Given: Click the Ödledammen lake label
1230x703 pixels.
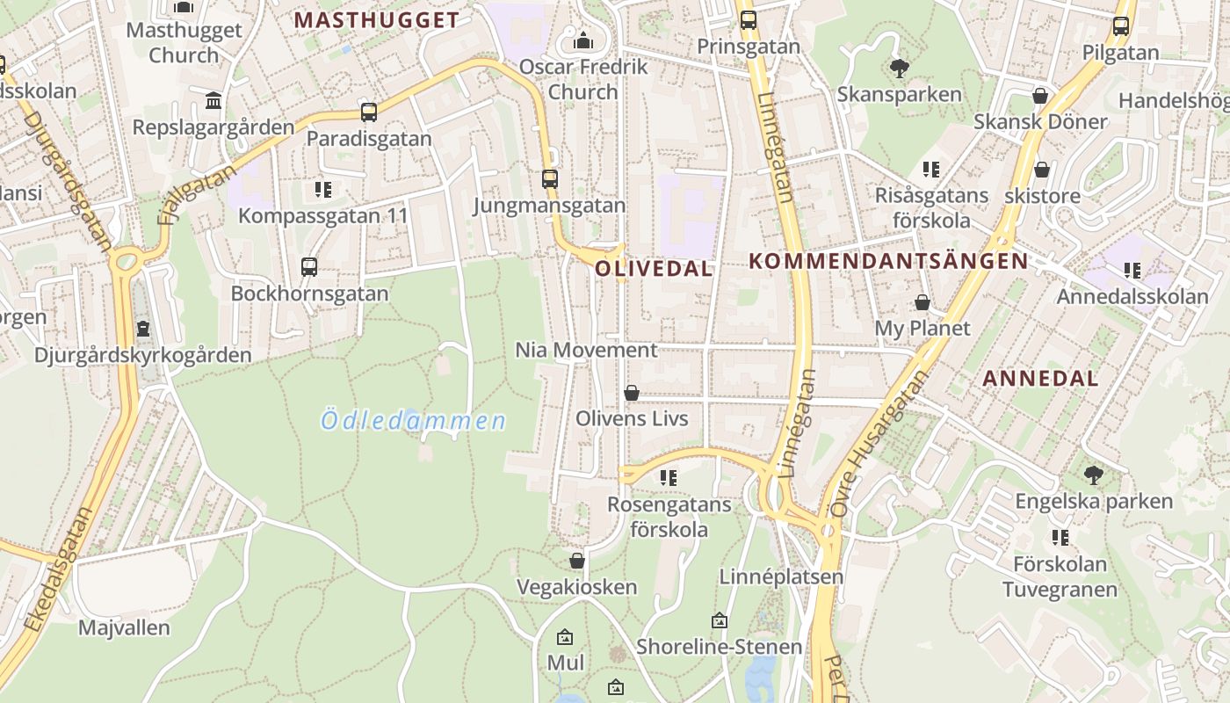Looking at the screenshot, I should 414,421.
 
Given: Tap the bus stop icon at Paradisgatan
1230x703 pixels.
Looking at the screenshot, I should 369,112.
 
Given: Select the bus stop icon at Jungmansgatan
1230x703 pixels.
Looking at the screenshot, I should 550,179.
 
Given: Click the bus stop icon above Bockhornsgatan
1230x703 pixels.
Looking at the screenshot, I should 309,267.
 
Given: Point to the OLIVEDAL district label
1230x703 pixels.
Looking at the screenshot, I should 654,269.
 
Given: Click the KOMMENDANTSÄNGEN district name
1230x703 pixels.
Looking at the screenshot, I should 887,261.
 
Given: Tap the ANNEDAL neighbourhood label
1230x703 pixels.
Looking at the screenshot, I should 1040,379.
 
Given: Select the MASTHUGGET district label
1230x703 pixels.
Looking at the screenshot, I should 376,20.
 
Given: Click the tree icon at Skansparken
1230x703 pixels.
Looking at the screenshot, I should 899,68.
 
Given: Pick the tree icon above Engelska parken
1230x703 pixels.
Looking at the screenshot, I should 1094,475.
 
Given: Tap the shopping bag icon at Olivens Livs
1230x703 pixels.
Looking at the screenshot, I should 632,393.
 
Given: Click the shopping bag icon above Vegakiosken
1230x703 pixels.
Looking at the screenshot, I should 577,561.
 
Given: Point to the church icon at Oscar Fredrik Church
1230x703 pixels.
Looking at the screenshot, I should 582,40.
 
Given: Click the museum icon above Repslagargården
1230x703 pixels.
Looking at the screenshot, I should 213,101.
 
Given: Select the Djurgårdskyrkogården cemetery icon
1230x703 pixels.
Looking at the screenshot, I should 143,329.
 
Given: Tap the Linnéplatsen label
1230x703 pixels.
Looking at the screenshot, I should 781,577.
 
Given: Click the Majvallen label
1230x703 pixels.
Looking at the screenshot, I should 124,628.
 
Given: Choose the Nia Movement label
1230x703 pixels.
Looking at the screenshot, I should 586,350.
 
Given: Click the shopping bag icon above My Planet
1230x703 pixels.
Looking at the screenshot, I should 922,302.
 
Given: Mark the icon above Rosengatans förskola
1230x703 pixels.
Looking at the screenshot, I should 669,478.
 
